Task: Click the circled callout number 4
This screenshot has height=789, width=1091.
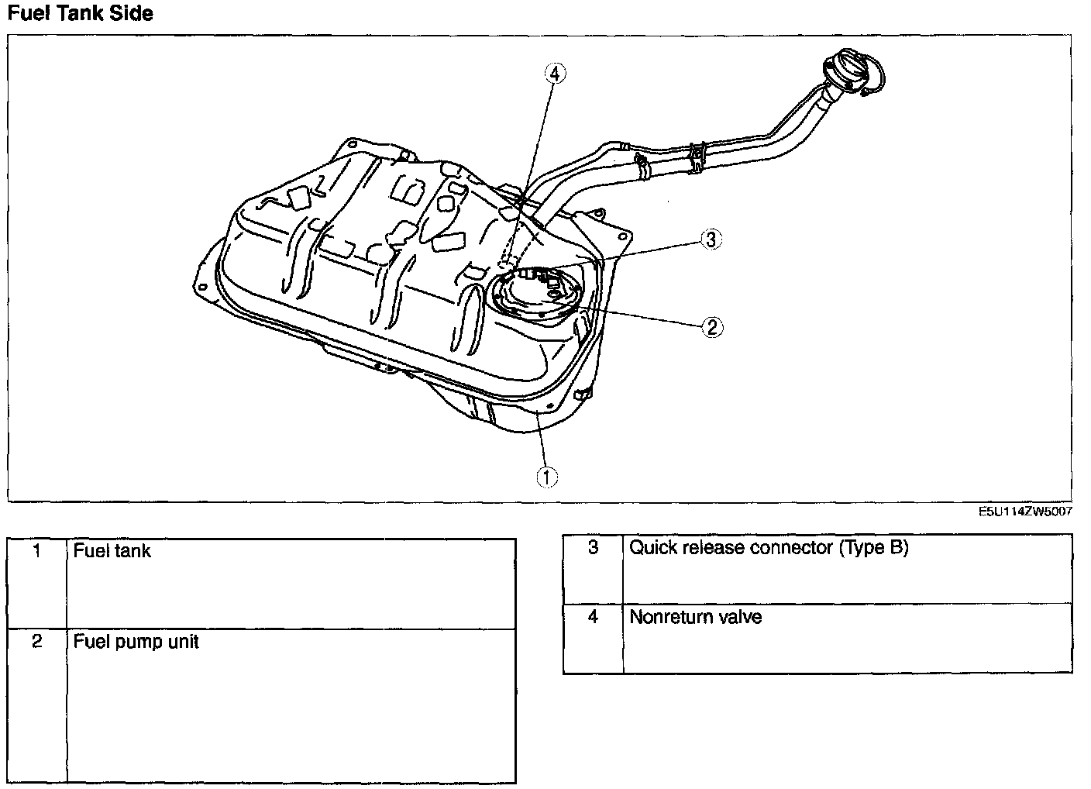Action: click(x=554, y=74)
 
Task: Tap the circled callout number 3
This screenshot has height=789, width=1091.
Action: click(x=711, y=239)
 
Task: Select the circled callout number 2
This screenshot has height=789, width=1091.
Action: click(x=712, y=327)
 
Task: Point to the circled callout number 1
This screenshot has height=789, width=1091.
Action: click(x=547, y=477)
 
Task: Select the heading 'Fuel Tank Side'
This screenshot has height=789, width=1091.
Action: click(x=80, y=13)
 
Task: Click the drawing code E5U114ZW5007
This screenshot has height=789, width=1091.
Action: click(x=1024, y=512)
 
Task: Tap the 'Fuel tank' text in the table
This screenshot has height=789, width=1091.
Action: click(x=112, y=551)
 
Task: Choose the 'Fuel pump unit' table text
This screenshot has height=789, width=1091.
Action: click(x=136, y=642)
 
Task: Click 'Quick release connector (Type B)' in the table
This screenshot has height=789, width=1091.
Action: click(x=768, y=548)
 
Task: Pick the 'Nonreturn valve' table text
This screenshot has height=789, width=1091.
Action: click(x=695, y=617)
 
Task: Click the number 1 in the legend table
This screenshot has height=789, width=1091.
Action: click(x=36, y=551)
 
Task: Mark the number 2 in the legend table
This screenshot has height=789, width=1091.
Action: click(x=36, y=642)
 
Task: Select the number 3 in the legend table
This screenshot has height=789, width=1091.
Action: click(x=593, y=548)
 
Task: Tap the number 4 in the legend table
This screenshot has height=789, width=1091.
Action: click(x=593, y=617)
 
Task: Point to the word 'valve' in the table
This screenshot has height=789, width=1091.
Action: click(x=740, y=617)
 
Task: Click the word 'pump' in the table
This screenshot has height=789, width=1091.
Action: click(x=135, y=643)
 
